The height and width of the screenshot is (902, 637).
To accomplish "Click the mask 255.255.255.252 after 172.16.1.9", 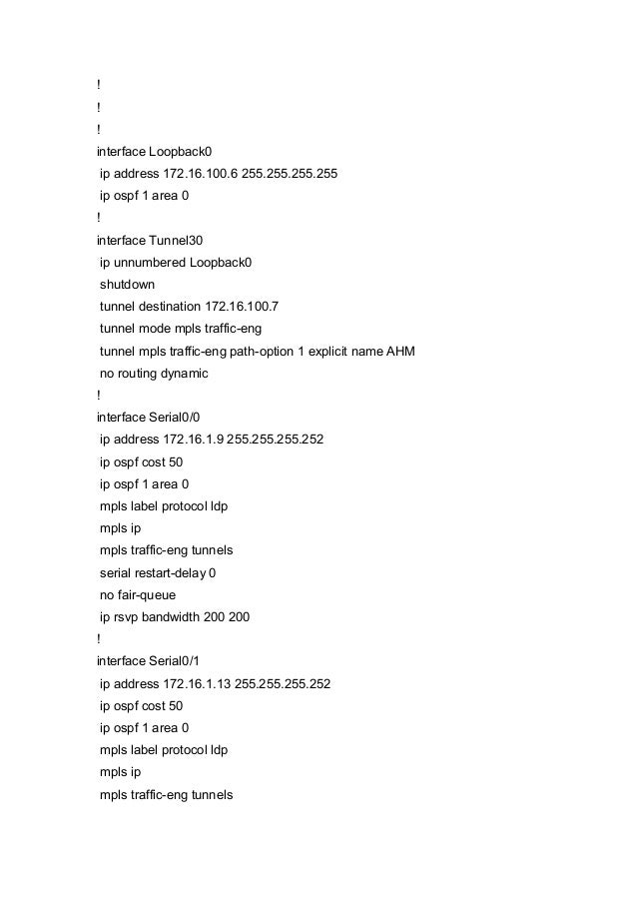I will [276, 440].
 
